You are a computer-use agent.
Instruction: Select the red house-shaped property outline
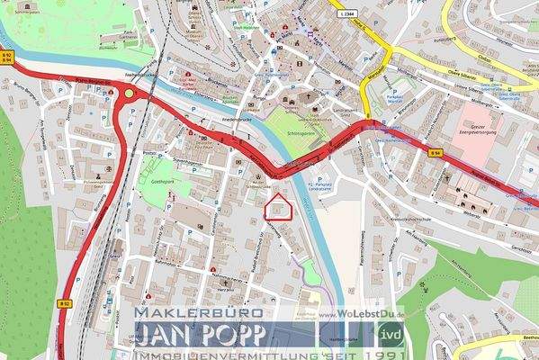pos(280,208)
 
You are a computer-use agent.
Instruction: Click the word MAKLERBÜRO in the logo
pos(198,312)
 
